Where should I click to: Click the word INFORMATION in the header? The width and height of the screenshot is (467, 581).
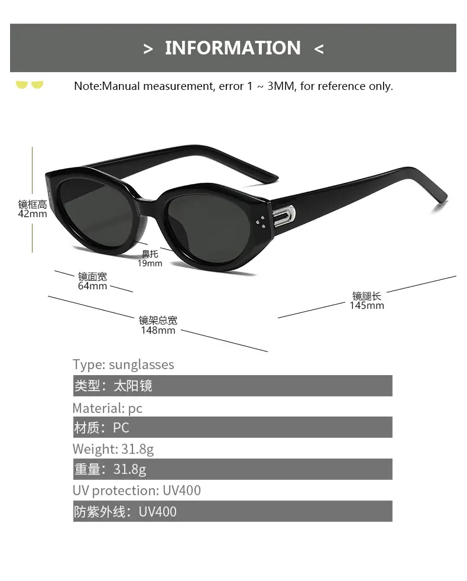click(x=232, y=48)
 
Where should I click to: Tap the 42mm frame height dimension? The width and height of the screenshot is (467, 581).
click(x=33, y=214)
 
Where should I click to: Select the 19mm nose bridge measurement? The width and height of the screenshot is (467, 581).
click(x=150, y=263)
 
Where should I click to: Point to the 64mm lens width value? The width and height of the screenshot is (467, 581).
click(x=92, y=286)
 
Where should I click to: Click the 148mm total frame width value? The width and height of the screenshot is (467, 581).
click(x=158, y=330)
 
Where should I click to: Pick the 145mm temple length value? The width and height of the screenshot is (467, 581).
click(x=367, y=305)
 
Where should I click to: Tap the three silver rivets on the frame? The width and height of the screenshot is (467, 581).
click(x=261, y=222)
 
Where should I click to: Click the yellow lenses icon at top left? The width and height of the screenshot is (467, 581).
click(x=30, y=85)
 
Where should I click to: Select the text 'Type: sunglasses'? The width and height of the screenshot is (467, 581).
click(x=124, y=364)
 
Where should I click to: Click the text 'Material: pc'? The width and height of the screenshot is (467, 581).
click(x=108, y=408)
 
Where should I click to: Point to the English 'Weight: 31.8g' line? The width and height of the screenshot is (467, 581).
click(x=113, y=450)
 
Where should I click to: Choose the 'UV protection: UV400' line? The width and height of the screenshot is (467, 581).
click(x=137, y=490)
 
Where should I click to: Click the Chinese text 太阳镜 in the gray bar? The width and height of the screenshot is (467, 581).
click(x=133, y=386)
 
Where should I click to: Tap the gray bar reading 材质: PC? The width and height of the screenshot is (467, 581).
click(x=232, y=427)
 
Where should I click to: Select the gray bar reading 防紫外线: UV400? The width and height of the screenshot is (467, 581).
click(x=232, y=511)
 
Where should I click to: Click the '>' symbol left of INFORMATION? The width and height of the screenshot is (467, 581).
click(x=148, y=49)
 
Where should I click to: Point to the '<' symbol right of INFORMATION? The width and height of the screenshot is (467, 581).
click(x=319, y=49)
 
